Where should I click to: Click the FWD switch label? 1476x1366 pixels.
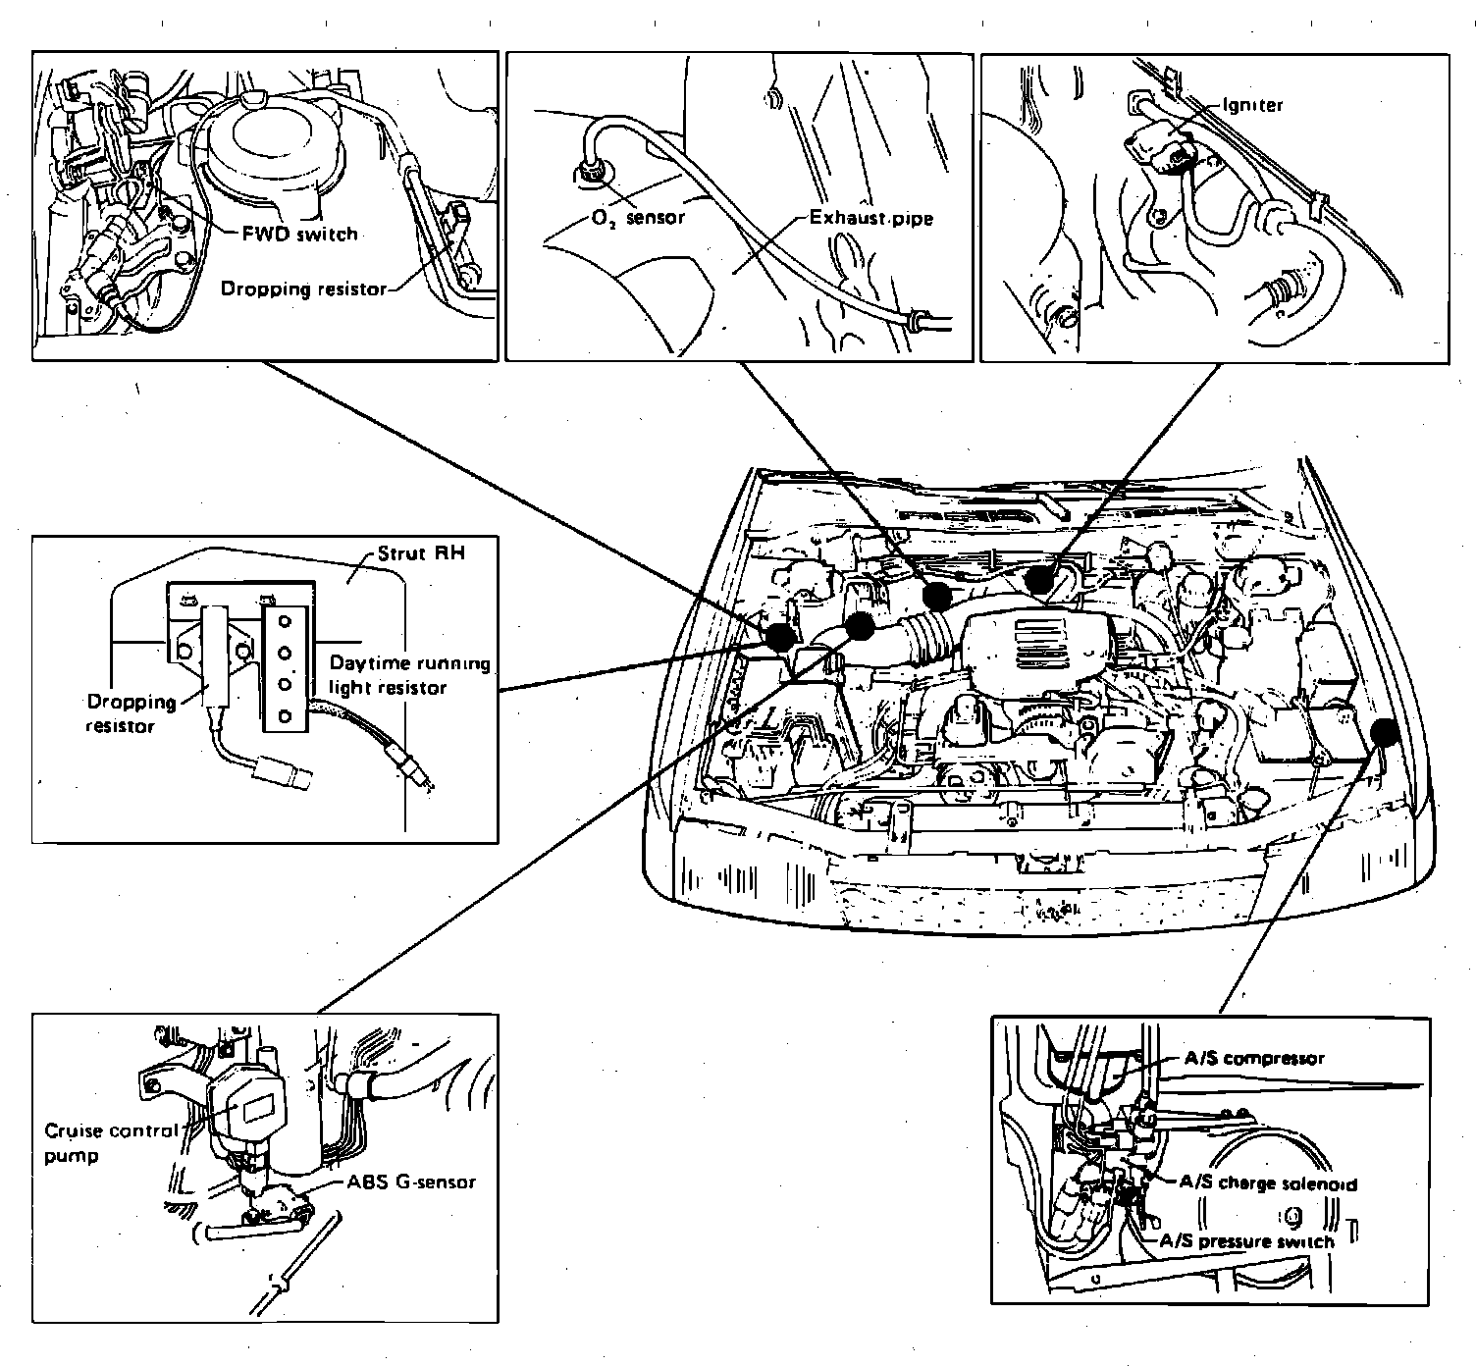pyautogui.click(x=299, y=235)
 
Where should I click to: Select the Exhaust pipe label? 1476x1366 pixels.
pyautogui.click(x=870, y=217)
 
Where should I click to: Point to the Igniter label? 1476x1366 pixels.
pyautogui.click(x=1253, y=105)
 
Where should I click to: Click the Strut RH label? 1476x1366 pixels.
pyautogui.click(x=421, y=554)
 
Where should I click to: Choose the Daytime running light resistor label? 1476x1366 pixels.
pyautogui.click(x=409, y=675)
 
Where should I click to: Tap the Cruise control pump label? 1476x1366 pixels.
pyautogui.click(x=111, y=1142)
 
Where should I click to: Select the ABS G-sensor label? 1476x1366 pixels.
pyautogui.click(x=410, y=1182)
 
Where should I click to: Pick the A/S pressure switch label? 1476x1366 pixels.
pyautogui.click(x=1246, y=1241)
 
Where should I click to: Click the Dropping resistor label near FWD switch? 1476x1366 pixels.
pyautogui.click(x=303, y=289)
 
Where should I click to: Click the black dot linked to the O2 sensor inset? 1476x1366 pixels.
pyautogui.click(x=937, y=594)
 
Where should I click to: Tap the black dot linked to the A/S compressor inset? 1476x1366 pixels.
pyautogui.click(x=1385, y=732)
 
